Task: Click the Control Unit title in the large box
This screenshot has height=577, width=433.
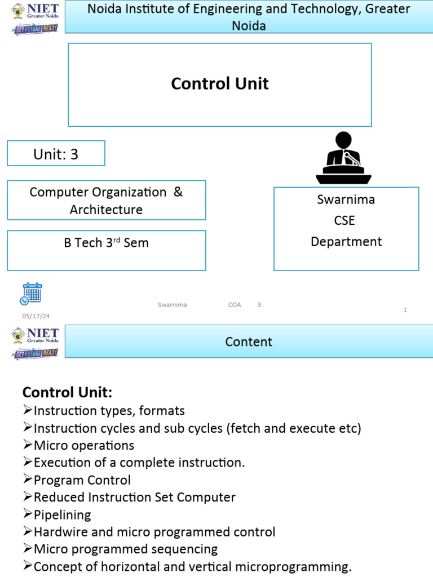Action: click(219, 84)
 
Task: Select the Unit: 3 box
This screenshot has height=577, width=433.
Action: click(56, 154)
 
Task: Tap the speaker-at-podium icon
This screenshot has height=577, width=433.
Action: click(343, 158)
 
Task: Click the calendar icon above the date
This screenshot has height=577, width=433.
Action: click(31, 294)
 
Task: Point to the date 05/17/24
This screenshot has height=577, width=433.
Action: click(36, 317)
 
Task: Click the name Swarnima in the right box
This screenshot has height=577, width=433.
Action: click(346, 199)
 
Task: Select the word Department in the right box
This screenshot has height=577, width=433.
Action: click(346, 242)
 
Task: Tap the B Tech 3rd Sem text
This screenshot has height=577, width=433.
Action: click(106, 243)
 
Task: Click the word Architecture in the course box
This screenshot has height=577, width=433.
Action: click(106, 210)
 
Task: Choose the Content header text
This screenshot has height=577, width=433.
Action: click(249, 342)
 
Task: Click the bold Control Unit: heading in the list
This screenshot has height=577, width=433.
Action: click(67, 392)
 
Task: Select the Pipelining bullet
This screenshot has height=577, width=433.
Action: click(62, 515)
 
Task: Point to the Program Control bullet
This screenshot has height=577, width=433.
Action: click(82, 480)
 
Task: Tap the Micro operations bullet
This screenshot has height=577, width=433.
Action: click(83, 446)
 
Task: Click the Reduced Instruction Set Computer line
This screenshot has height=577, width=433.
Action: click(134, 498)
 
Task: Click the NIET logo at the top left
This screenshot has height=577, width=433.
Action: click(36, 17)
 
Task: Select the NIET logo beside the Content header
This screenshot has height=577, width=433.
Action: click(36, 342)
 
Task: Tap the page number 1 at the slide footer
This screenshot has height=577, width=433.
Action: click(405, 310)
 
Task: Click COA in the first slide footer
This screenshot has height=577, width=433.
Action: click(235, 305)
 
